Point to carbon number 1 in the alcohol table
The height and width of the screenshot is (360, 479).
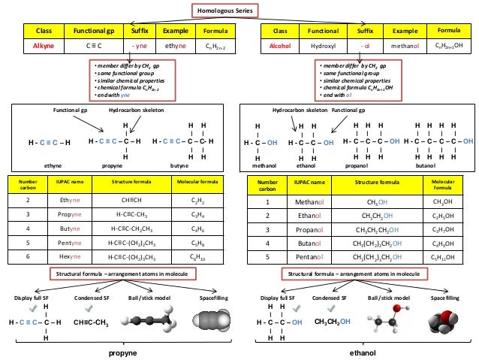click(267, 201)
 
